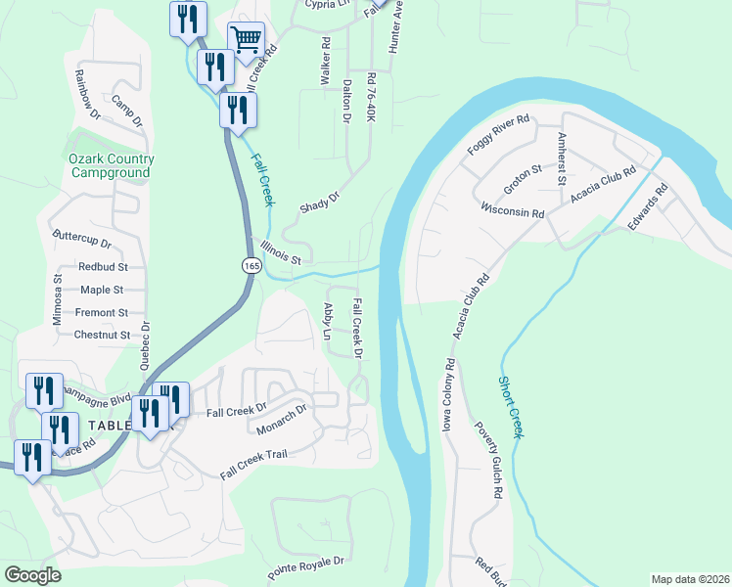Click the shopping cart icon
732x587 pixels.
(x=247, y=39)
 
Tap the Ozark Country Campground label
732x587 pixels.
(x=111, y=166)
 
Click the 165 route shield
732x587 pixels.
(x=251, y=264)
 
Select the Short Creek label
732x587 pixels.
(x=510, y=407)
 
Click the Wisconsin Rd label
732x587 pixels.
(x=512, y=210)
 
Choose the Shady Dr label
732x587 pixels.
(x=319, y=203)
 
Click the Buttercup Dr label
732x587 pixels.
(x=82, y=239)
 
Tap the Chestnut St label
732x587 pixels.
(x=102, y=335)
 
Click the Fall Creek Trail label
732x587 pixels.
(x=253, y=464)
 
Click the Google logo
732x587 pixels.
(x=33, y=575)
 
